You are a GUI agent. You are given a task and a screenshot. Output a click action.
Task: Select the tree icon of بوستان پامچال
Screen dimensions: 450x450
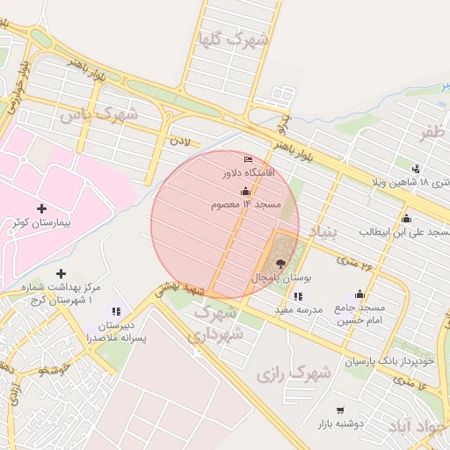tap(280, 263)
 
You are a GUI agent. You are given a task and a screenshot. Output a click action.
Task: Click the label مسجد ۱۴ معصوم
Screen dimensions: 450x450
tap(245, 205)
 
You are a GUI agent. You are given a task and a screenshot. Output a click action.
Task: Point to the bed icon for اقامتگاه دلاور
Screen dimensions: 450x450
tap(247, 159)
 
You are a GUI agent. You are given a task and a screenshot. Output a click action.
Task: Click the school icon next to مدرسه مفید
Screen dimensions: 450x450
tap(298, 296)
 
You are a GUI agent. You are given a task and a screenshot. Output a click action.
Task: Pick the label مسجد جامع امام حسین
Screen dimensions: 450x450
tap(360, 314)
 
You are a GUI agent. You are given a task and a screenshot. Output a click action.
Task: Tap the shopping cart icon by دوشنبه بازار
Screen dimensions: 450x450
tap(340, 410)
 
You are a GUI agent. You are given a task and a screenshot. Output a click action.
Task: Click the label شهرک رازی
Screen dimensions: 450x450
tap(294, 374)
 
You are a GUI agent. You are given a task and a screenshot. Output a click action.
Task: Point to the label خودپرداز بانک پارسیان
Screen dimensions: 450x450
tap(389, 361)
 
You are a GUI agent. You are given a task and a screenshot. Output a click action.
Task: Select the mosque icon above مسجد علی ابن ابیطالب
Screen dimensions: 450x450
tap(406, 218)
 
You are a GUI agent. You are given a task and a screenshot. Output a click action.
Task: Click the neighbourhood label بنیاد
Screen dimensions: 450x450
tap(322, 233)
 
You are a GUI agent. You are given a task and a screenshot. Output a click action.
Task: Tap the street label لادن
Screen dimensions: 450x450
tap(179, 141)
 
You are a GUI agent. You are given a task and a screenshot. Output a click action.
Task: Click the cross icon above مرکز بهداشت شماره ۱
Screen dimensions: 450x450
tap(61, 273)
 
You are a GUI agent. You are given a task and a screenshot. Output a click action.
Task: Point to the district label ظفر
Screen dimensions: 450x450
tap(432, 133)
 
